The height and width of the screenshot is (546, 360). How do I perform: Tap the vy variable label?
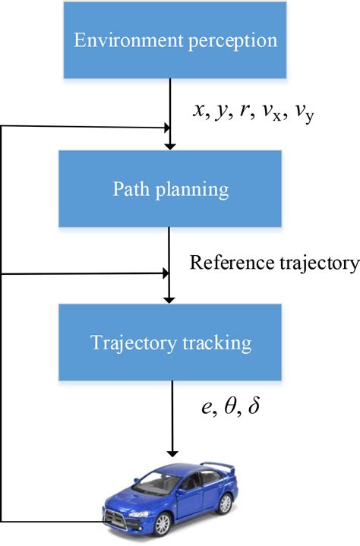click(303, 113)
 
